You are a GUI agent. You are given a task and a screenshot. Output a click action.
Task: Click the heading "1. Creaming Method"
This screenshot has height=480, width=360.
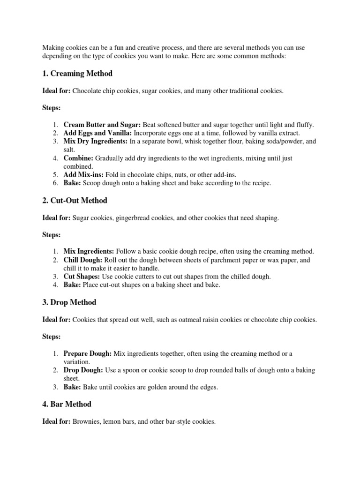(77, 74)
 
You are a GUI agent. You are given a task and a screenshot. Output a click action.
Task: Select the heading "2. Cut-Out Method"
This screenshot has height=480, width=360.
(75, 201)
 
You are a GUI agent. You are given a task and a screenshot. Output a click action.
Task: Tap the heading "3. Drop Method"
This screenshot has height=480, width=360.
(69, 302)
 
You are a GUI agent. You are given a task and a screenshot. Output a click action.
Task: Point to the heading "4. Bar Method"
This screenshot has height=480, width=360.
(67, 404)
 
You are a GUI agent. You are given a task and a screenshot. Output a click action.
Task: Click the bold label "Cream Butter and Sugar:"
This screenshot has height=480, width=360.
(102, 125)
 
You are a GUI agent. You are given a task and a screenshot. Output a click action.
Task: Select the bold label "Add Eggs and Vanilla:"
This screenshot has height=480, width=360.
(98, 133)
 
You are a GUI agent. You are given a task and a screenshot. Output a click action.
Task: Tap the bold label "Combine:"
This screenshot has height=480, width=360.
(78, 158)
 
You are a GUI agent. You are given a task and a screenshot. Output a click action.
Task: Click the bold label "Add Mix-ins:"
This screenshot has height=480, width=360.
(82, 175)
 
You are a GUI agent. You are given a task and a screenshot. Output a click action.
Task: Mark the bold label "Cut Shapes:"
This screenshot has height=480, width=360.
(82, 277)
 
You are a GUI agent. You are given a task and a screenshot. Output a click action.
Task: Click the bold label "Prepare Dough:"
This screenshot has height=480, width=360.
(88, 353)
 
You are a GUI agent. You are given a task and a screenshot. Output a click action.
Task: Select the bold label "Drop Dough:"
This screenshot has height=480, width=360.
(83, 370)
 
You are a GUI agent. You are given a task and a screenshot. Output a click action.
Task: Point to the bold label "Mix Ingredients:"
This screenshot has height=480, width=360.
(89, 252)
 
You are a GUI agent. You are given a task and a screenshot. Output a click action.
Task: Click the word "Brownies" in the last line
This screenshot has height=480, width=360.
(85, 422)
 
